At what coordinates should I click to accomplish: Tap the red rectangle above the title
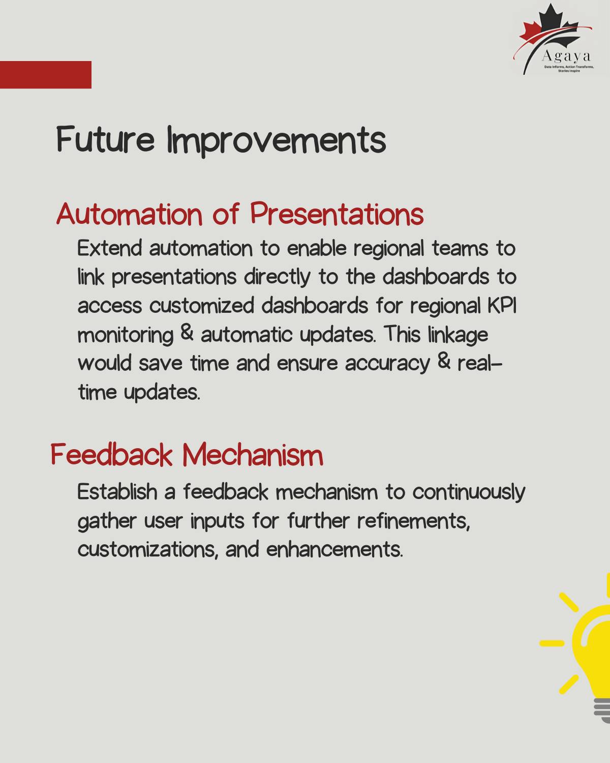click(45, 75)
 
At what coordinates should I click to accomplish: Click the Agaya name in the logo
click(566, 56)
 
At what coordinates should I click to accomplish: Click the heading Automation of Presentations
click(239, 214)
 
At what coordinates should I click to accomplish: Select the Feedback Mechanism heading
click(187, 455)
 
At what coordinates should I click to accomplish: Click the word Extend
click(109, 249)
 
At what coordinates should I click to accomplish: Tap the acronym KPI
click(502, 306)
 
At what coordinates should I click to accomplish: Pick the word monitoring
click(125, 335)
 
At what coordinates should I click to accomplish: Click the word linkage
click(457, 335)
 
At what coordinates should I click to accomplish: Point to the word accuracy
click(387, 364)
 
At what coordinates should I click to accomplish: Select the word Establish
click(117, 492)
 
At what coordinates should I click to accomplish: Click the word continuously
click(468, 492)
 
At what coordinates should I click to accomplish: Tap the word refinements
click(413, 521)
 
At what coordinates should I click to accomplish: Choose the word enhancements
click(334, 550)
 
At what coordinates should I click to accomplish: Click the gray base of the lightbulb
click(602, 710)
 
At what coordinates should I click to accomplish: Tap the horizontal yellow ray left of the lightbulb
click(552, 643)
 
